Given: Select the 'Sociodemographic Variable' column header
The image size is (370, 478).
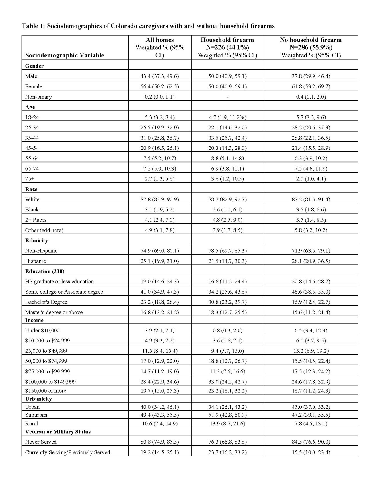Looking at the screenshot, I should (x=65, y=55).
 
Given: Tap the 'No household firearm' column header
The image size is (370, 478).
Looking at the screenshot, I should (x=311, y=40).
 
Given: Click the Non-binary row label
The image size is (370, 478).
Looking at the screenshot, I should (x=38, y=97).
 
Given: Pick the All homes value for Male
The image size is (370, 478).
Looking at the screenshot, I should (x=160, y=76).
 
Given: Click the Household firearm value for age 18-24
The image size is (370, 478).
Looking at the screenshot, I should (x=227, y=117).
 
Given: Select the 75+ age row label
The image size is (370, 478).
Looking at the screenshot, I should (x=30, y=179).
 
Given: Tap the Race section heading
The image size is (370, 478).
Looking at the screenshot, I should (x=31, y=189).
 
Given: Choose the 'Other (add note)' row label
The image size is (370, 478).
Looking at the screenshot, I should (x=44, y=230).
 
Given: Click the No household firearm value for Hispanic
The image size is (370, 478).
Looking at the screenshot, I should (x=311, y=261).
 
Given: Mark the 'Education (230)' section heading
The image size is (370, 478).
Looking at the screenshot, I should (x=45, y=271).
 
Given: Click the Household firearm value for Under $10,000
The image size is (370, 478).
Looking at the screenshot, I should (x=227, y=331).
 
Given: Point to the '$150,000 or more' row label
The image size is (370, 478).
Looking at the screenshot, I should (x=46, y=391).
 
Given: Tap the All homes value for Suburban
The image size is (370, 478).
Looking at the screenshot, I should (x=160, y=415).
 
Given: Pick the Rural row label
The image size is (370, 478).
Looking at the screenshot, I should (x=31, y=424).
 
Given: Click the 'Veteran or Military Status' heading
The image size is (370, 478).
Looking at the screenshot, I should (x=58, y=432).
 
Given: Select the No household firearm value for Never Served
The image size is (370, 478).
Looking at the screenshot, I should (x=311, y=442).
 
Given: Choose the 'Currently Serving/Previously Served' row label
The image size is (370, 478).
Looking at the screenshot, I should (x=67, y=452).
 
